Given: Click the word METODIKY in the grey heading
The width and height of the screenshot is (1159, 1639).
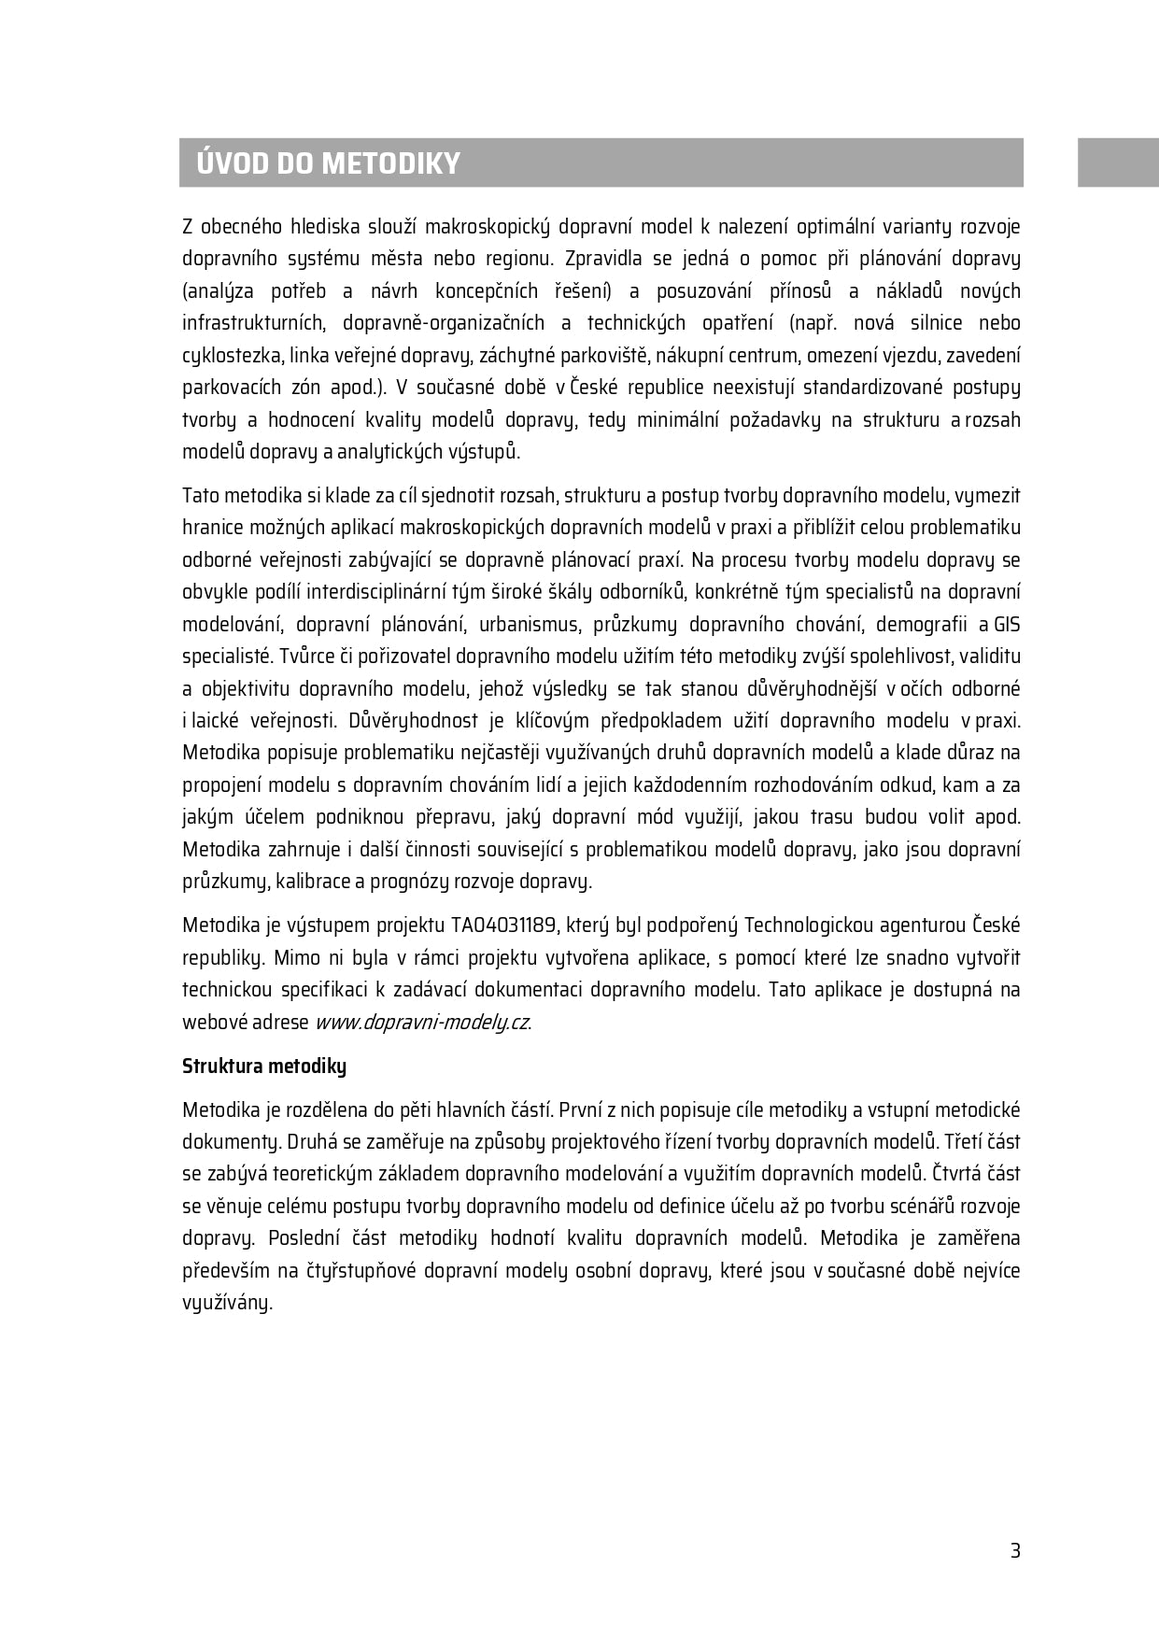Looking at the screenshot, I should tap(390, 163).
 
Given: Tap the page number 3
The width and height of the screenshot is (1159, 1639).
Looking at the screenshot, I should tap(1015, 1551).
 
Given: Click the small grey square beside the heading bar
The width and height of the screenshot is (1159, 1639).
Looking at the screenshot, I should tap(1118, 162).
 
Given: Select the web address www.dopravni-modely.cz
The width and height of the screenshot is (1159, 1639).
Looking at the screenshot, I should tap(421, 1022).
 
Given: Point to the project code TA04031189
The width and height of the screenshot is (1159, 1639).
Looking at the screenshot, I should tap(504, 925).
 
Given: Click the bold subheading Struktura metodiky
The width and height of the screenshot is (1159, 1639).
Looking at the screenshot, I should tap(264, 1066).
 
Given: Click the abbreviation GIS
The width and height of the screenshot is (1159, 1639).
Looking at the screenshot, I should tap(1007, 624).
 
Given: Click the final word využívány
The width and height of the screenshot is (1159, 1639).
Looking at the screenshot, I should tap(226, 1303).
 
